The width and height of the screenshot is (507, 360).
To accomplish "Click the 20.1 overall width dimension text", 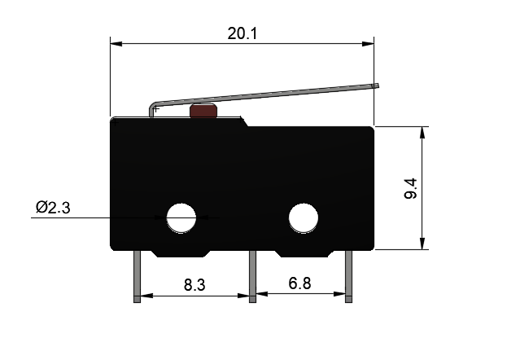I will [242, 33].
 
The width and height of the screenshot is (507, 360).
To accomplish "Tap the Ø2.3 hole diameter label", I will [53, 209].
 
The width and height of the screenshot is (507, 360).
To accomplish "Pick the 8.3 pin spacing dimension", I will [194, 285].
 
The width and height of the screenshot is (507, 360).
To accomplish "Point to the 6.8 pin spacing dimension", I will [299, 284].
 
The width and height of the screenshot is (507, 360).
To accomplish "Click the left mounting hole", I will [181, 217].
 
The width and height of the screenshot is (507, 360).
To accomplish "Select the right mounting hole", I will [304, 217].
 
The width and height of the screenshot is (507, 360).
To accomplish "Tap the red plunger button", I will [202, 112].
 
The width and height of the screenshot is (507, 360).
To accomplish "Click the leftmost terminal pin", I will [137, 277].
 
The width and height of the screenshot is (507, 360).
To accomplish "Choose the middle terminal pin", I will [252, 277].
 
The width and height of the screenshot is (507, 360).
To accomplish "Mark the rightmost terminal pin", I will [349, 277].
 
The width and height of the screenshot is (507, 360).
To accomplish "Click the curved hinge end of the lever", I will [152, 108].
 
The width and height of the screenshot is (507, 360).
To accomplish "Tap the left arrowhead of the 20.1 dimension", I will [115, 42].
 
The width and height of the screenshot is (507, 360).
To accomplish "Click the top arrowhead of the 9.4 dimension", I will [422, 131].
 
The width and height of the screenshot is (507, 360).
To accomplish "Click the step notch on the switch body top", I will [245, 122].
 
